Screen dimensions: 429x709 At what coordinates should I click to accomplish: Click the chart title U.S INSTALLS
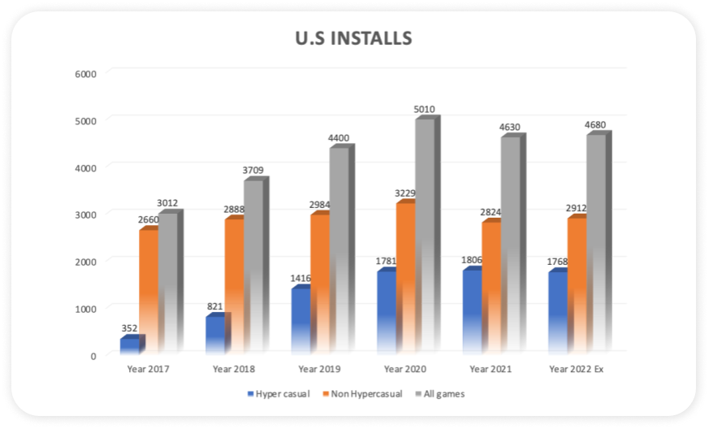click(x=353, y=38)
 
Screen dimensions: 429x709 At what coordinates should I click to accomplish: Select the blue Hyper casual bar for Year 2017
click(x=130, y=345)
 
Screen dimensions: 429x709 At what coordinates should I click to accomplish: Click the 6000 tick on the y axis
click(x=85, y=73)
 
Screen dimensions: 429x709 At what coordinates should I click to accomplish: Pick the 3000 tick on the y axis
click(x=85, y=214)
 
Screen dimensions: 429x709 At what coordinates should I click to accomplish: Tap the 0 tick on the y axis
click(x=93, y=355)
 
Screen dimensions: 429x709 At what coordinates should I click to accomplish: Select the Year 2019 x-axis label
click(x=319, y=370)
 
